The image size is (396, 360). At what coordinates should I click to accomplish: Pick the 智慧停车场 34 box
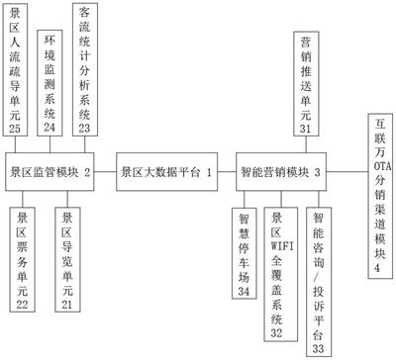247,252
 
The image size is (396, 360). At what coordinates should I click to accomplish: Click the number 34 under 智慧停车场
247,291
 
